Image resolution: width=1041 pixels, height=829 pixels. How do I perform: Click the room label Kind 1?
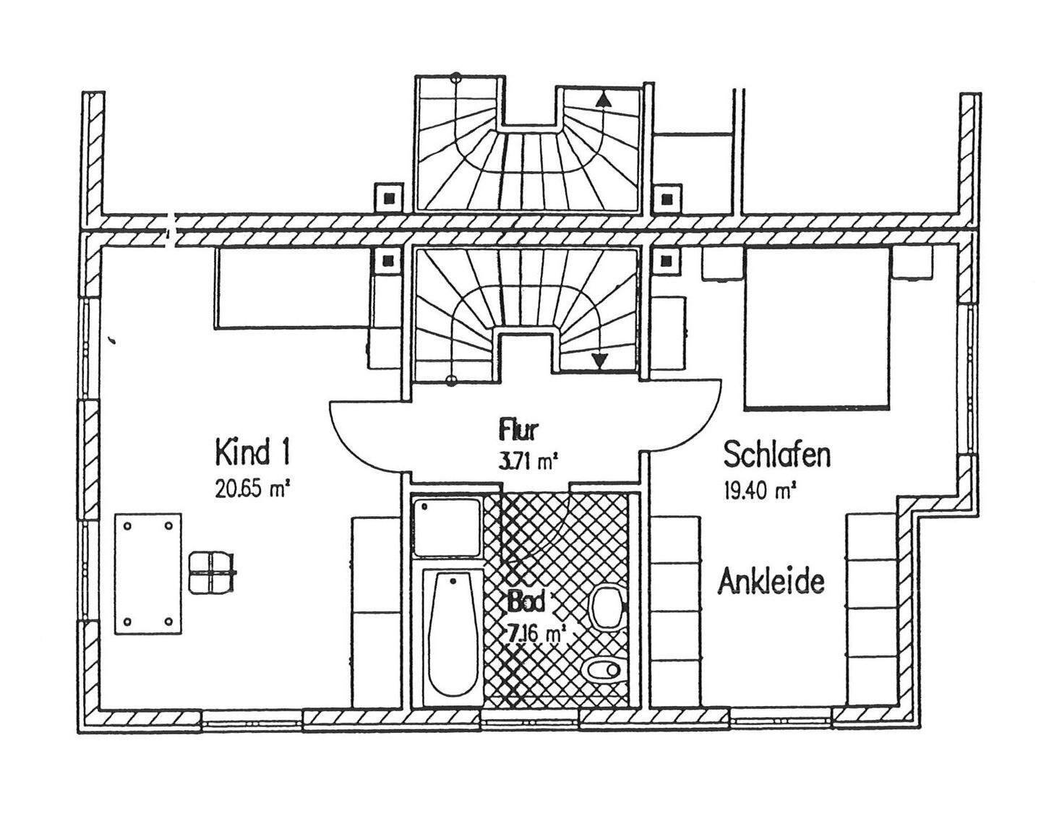[253, 453]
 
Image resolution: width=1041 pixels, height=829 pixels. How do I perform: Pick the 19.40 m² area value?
[760, 493]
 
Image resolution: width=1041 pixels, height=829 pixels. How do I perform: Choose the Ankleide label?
[771, 582]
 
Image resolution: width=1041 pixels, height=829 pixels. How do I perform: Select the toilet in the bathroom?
[607, 607]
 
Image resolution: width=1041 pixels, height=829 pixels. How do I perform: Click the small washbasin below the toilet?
[604, 671]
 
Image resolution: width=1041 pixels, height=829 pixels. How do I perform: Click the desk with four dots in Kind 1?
[148, 573]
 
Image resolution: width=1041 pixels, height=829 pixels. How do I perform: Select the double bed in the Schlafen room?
[818, 330]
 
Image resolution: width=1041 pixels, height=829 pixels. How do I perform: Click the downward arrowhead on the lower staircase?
[600, 361]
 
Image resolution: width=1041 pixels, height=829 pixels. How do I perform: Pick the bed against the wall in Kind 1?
[294, 289]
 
